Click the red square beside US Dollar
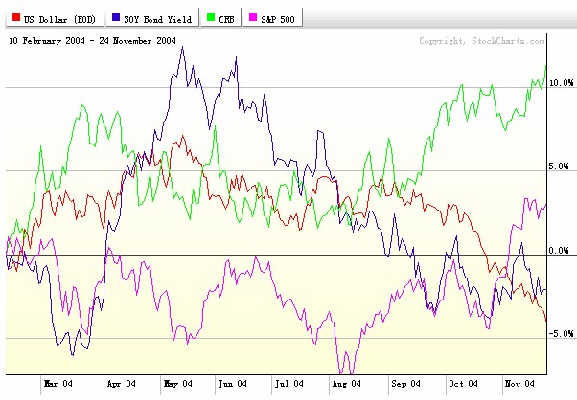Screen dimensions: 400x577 pyautogui.click(x=15, y=18)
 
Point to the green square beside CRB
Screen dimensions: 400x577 pyautogui.click(x=212, y=18)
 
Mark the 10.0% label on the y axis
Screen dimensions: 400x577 pyautogui.click(x=561, y=84)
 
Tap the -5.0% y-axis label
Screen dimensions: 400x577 pyautogui.click(x=561, y=334)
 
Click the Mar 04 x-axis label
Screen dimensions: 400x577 pyautogui.click(x=58, y=385)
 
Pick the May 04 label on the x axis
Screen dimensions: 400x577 pyautogui.click(x=178, y=385)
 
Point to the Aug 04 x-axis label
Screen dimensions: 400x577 pyautogui.click(x=346, y=385)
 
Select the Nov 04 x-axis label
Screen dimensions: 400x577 pyautogui.click(x=519, y=385)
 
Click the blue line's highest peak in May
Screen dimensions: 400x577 pyautogui.click(x=182, y=47)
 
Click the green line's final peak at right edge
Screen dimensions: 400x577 pyautogui.click(x=545, y=64)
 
